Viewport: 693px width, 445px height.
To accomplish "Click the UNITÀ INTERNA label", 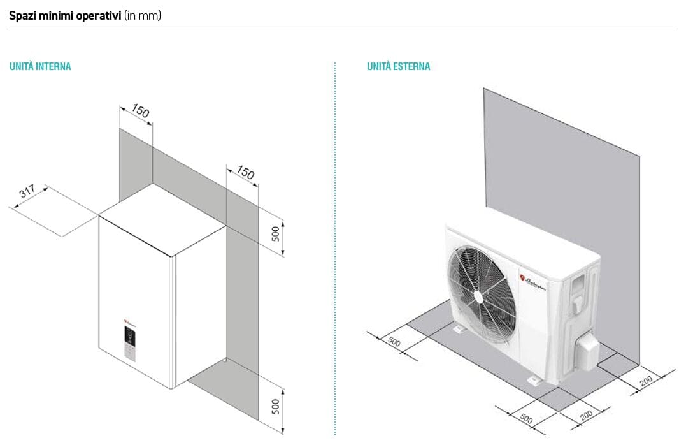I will coord(40,66).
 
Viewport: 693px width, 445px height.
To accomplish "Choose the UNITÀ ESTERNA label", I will coord(398,66).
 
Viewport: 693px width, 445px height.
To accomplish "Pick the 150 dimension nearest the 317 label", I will coord(140,112).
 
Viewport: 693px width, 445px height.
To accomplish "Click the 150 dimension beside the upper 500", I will coord(245,173).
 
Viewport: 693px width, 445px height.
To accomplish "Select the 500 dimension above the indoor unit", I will coord(275,233).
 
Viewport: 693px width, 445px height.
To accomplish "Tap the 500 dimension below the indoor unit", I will coord(275,406).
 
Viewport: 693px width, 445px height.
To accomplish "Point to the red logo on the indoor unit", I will coord(127,323).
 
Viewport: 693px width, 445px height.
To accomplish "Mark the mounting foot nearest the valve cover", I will coord(534,381).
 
